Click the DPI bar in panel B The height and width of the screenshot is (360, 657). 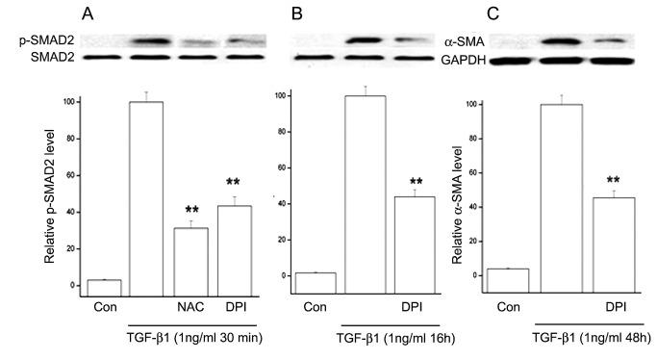click(413, 237)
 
